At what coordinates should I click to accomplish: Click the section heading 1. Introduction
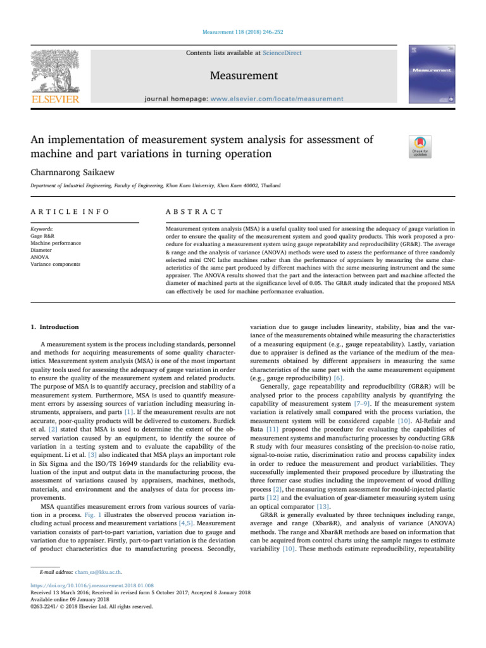click(x=55, y=327)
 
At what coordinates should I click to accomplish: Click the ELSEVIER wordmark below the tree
click(x=56, y=99)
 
